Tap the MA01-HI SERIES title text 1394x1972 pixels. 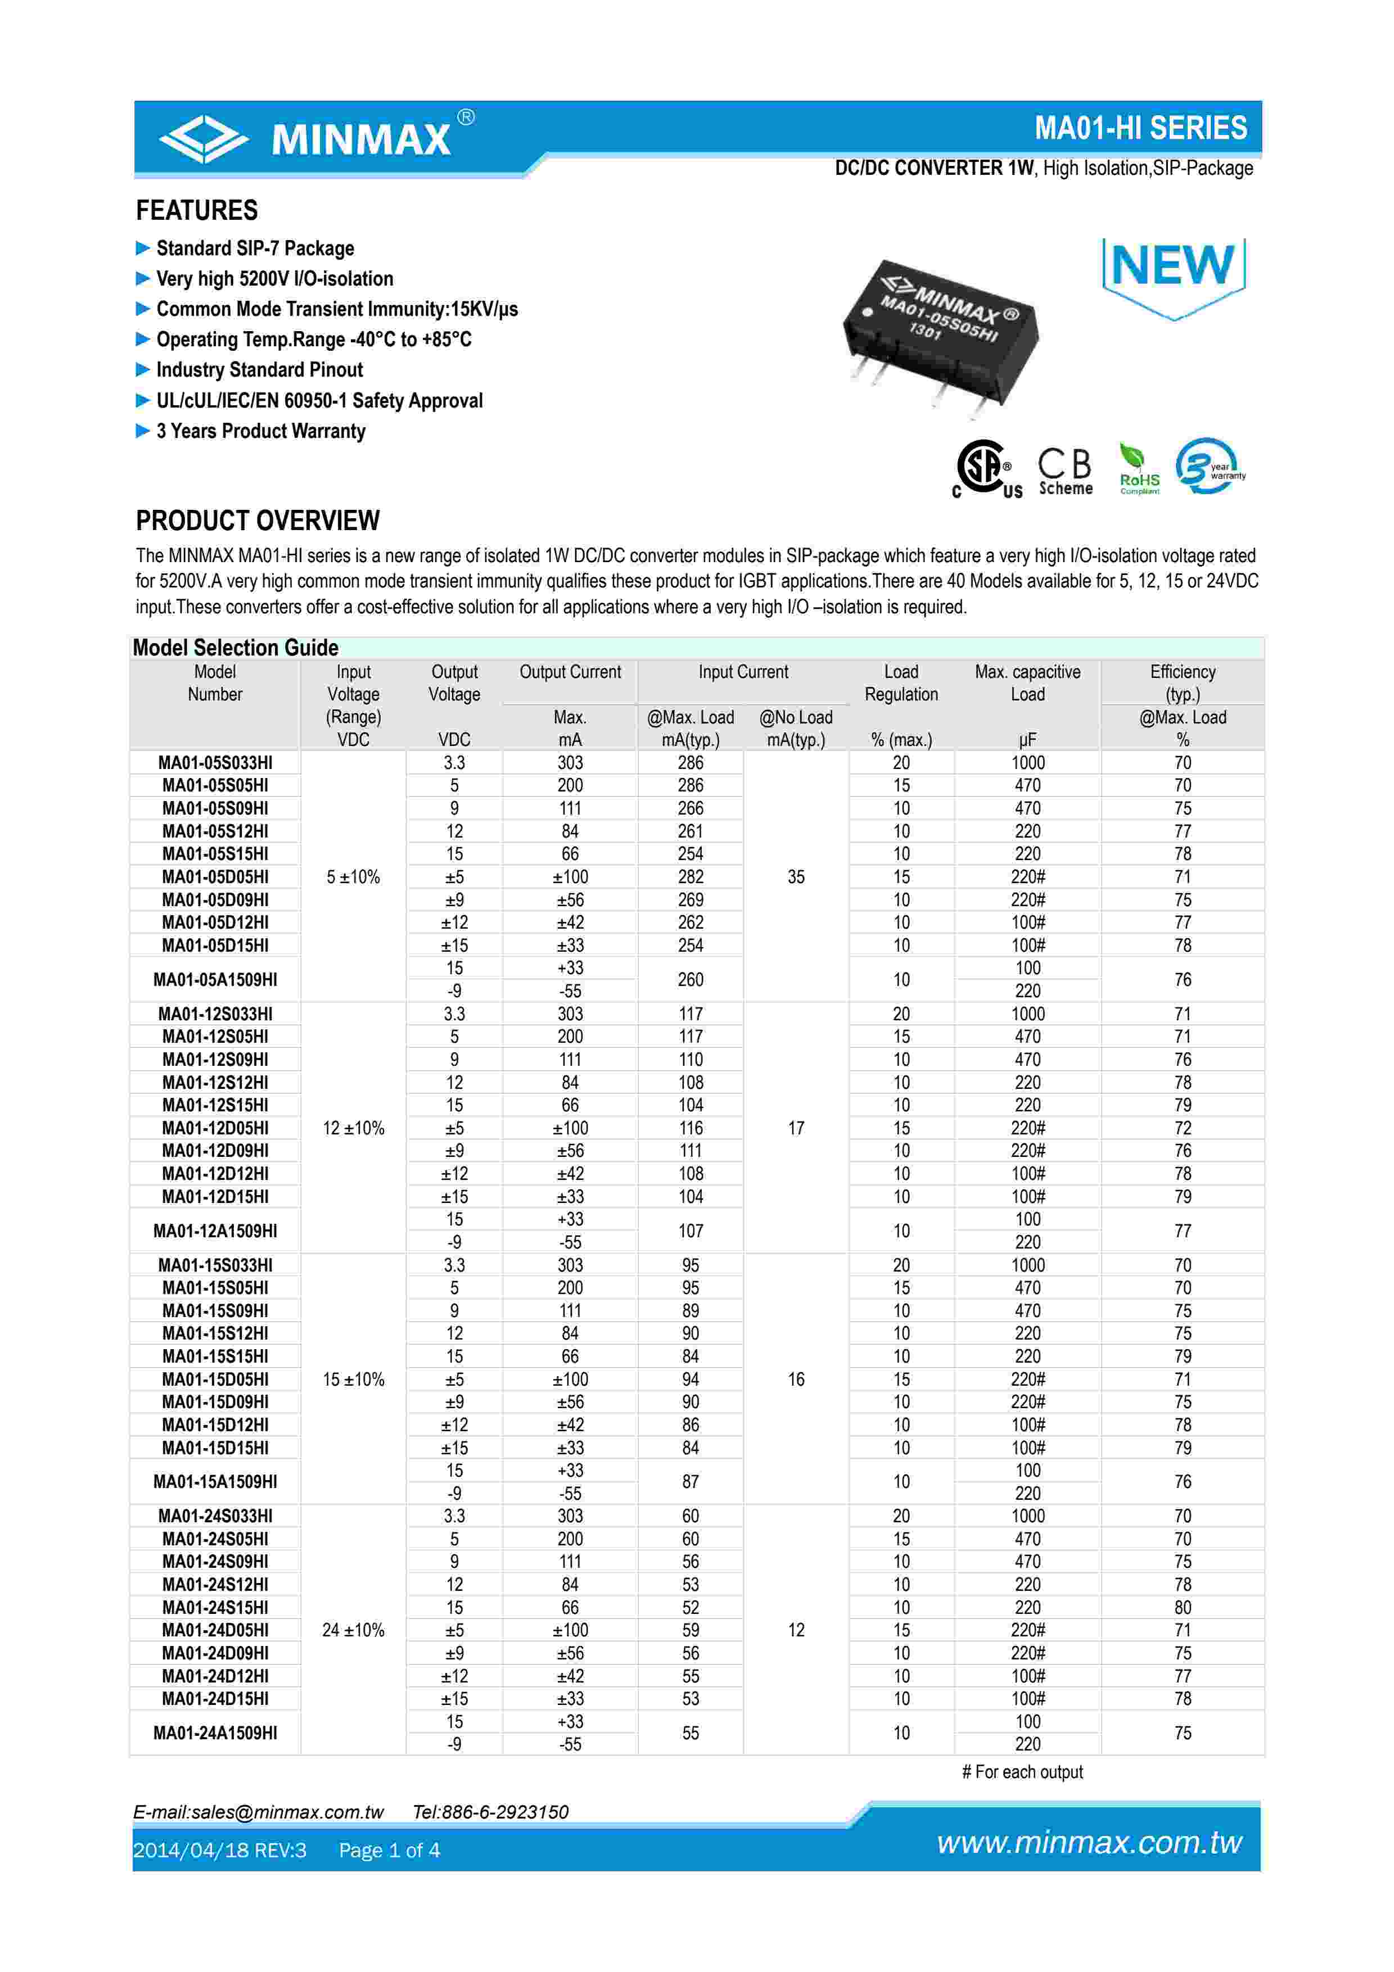pos(1140,128)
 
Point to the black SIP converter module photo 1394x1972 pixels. pos(941,335)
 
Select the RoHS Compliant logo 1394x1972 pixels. pos(1139,470)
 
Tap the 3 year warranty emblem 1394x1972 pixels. pos(1210,467)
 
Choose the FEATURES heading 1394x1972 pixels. pos(197,210)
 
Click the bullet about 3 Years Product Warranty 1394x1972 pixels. pos(260,431)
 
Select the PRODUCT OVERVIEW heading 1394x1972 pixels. pos(258,521)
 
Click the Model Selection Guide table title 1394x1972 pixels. pos(236,648)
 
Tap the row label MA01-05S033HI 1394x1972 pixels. pos(215,763)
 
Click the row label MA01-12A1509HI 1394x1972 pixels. pos(215,1231)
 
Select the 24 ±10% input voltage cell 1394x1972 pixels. pos(353,1630)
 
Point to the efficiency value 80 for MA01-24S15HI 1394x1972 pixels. pos(1182,1607)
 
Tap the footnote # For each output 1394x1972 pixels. pos(1022,1772)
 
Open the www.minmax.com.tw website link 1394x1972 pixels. pos(1089,1843)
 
